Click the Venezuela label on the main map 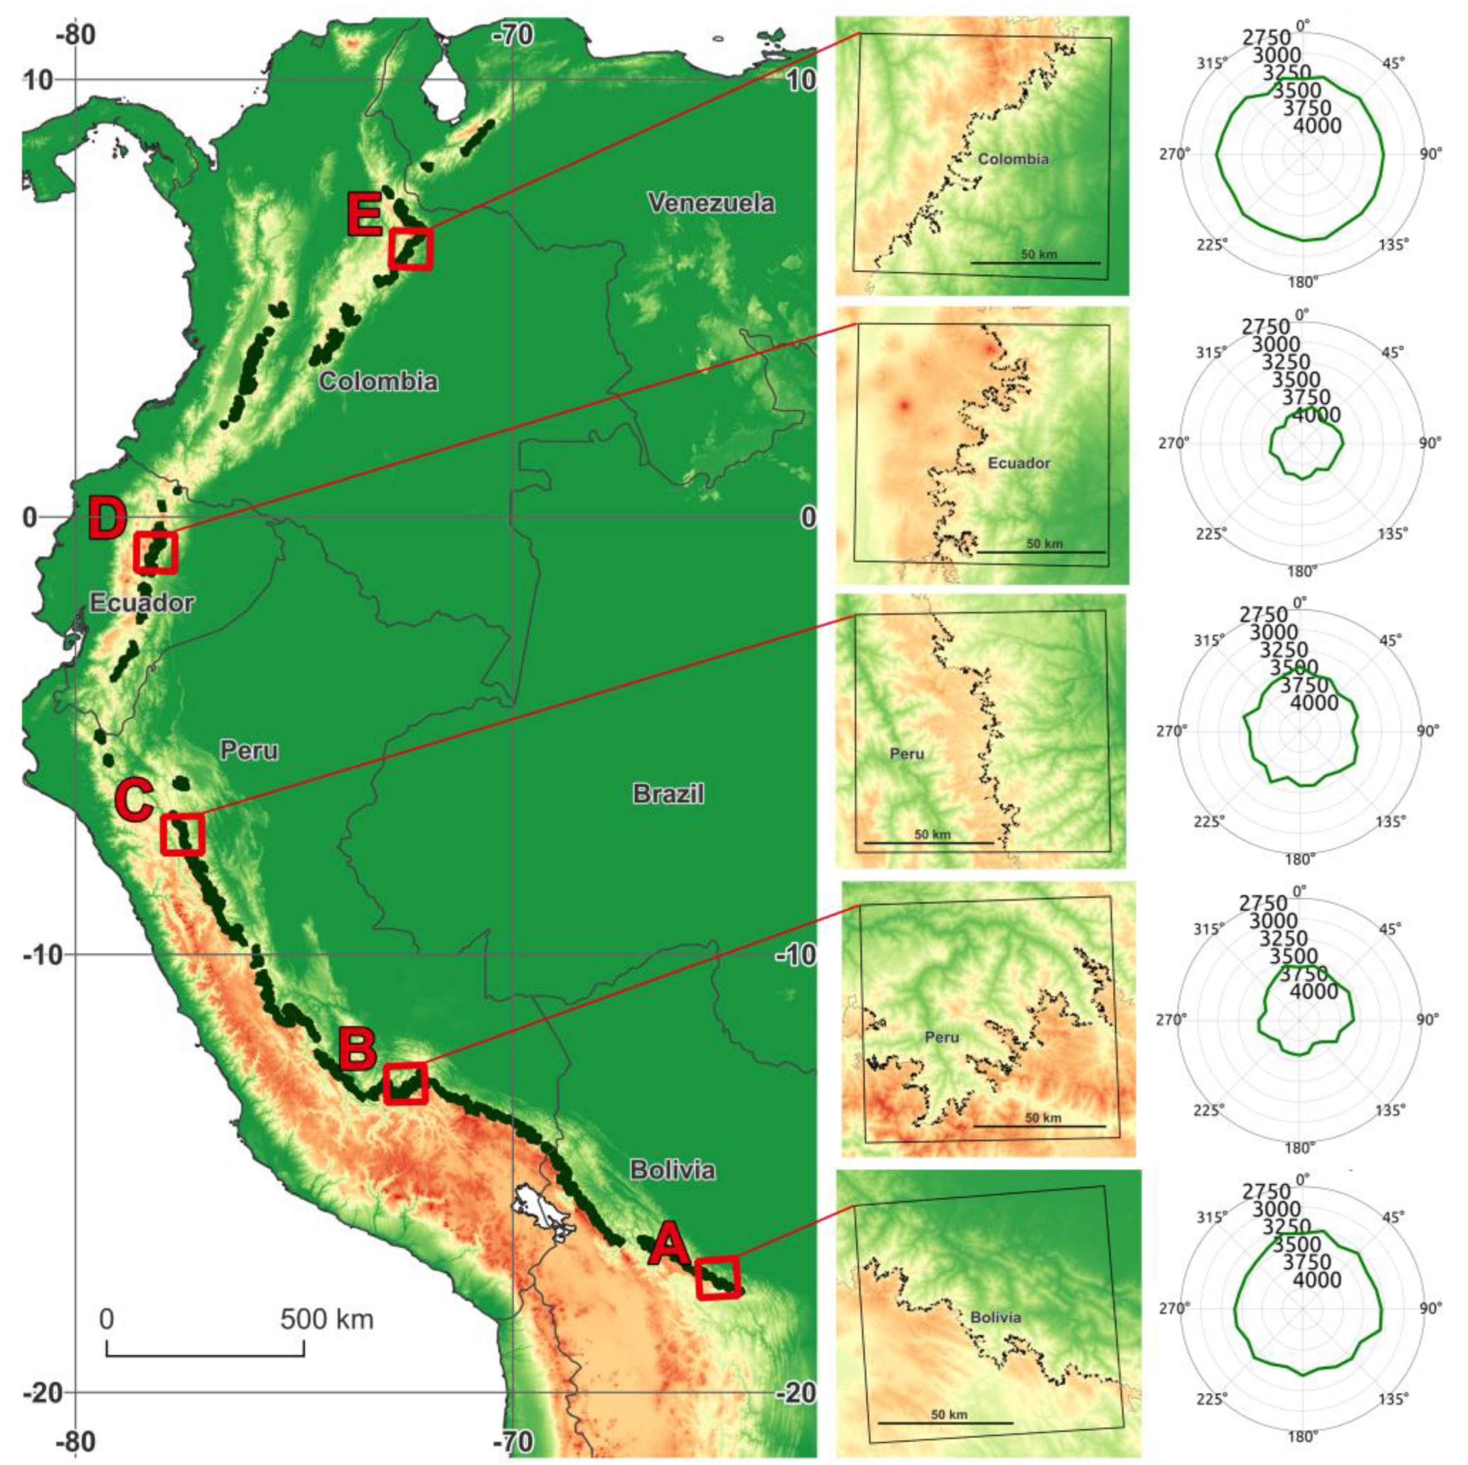(x=711, y=203)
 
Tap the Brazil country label (x=668, y=794)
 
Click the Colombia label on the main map (x=378, y=381)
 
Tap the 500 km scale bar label (x=326, y=1319)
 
